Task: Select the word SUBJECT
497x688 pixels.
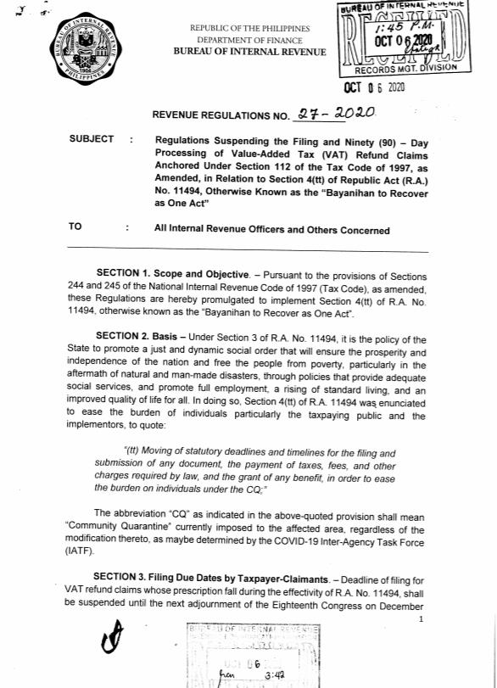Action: coord(91,139)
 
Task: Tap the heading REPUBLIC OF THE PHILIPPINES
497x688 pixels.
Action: coord(243,28)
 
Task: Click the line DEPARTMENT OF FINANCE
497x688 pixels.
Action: coord(243,40)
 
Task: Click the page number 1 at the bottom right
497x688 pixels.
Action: coord(421,619)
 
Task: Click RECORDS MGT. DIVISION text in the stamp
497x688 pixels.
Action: coord(405,68)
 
